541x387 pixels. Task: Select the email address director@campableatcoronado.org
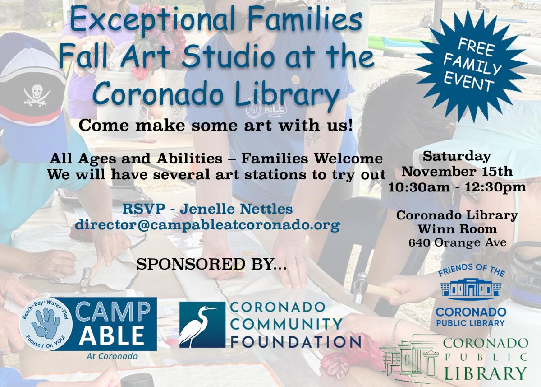(207, 225)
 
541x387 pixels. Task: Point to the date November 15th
(457, 172)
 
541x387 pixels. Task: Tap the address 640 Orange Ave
(457, 242)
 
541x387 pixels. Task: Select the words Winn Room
(457, 228)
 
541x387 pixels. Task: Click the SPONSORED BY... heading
(211, 264)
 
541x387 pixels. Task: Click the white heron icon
(198, 324)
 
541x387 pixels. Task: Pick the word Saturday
(457, 157)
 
